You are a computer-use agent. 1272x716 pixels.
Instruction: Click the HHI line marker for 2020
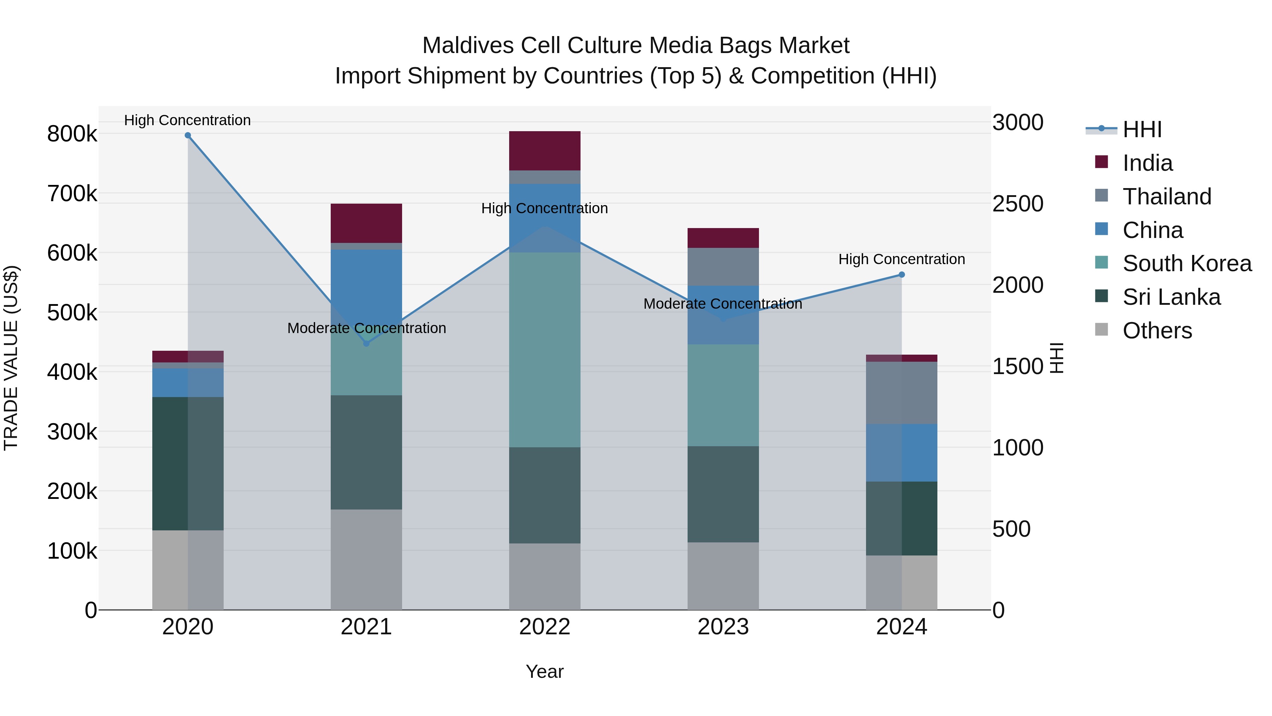pyautogui.click(x=188, y=135)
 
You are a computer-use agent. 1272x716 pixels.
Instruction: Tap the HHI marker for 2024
pyautogui.click(x=902, y=275)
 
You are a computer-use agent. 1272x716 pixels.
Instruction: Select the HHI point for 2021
pyautogui.click(x=366, y=343)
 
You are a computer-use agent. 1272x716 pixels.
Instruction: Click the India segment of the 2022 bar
pyautogui.click(x=544, y=151)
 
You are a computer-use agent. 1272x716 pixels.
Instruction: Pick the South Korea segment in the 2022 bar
pyautogui.click(x=544, y=350)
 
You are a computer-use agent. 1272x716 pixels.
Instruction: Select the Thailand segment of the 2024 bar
pyautogui.click(x=902, y=393)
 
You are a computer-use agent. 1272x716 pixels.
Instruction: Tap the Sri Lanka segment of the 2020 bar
pyautogui.click(x=188, y=464)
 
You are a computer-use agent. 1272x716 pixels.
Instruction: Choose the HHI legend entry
pyautogui.click(x=1141, y=129)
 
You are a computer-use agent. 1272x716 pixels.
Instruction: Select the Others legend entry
pyautogui.click(x=1157, y=331)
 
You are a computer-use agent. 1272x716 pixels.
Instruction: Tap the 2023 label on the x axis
pyautogui.click(x=723, y=627)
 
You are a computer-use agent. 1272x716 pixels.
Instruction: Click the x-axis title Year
pyautogui.click(x=544, y=671)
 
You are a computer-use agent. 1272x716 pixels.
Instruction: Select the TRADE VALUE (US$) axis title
pyautogui.click(x=11, y=358)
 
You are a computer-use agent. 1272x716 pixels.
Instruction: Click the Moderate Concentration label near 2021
pyautogui.click(x=366, y=328)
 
